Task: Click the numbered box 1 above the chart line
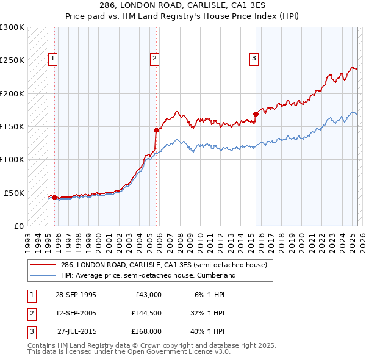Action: click(x=53, y=59)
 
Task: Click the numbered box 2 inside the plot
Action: click(x=155, y=59)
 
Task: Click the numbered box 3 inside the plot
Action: click(x=254, y=59)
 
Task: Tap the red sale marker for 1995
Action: click(x=55, y=197)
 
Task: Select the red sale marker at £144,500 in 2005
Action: click(x=156, y=130)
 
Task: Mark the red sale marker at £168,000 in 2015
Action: click(x=256, y=114)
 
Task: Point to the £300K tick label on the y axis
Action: click(x=12, y=27)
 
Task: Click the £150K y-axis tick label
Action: click(x=12, y=126)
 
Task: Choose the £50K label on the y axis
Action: click(x=15, y=192)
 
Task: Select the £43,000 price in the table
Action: click(x=146, y=295)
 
